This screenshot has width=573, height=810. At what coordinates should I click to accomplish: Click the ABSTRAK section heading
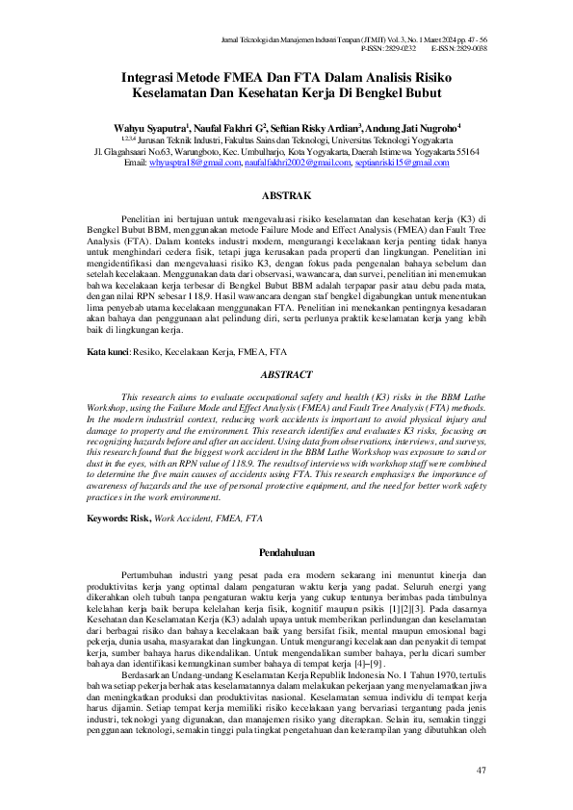[286, 193]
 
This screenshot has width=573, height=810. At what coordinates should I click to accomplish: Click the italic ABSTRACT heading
[286, 373]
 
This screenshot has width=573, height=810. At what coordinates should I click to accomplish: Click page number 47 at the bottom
[482, 772]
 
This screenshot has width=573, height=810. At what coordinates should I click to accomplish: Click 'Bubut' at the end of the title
[422, 94]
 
